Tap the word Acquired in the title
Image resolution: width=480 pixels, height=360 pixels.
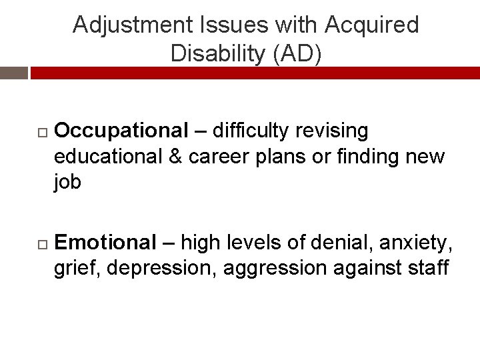coord(372,25)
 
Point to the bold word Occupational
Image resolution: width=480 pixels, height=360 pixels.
coord(121,131)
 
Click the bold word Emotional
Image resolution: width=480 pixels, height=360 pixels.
coord(105,243)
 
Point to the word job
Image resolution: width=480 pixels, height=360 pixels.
coord(67,183)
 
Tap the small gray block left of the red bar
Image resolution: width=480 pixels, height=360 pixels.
coord(13,73)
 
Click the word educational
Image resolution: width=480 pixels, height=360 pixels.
coord(108,157)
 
